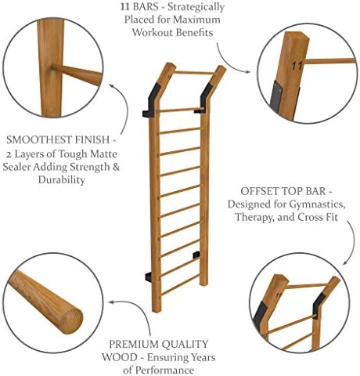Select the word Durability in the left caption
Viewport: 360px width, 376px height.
click(x=54, y=179)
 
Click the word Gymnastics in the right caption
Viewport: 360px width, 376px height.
click(x=305, y=205)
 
